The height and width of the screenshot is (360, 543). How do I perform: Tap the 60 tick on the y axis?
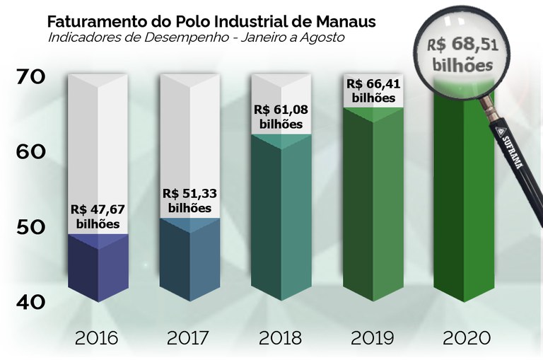[x=32, y=152]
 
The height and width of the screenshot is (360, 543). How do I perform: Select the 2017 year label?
[x=189, y=337]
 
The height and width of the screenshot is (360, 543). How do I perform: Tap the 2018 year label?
[x=281, y=337]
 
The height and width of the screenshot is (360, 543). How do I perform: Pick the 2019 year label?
[x=372, y=337]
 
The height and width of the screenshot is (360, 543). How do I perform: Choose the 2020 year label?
[x=465, y=337]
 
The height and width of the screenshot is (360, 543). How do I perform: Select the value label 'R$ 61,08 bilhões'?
[x=281, y=117]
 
